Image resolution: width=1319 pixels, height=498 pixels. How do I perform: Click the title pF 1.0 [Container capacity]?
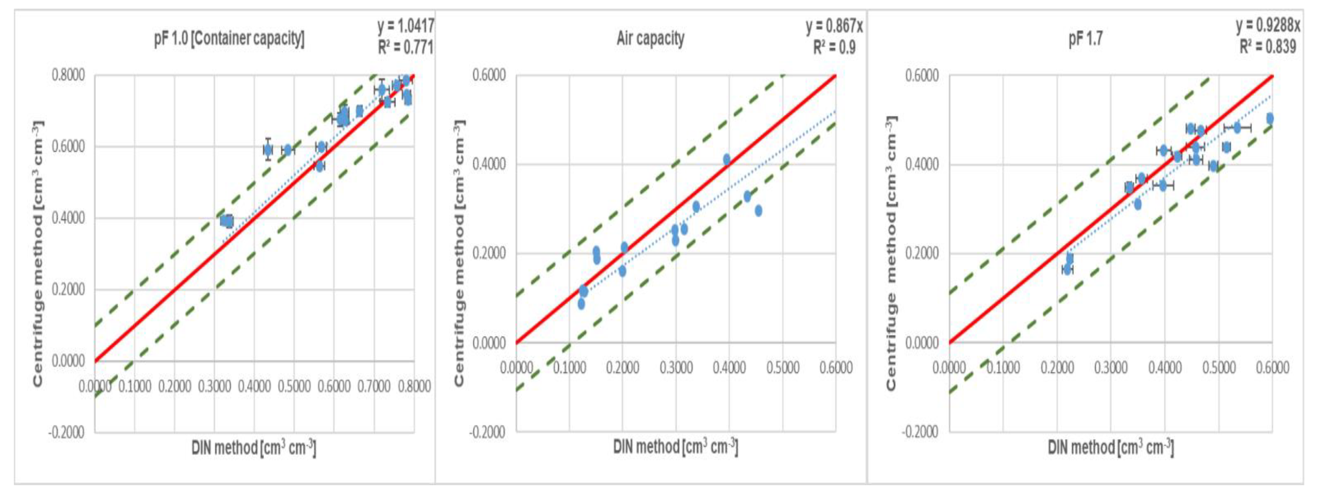(x=229, y=39)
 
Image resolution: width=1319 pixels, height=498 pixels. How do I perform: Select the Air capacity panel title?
(x=650, y=38)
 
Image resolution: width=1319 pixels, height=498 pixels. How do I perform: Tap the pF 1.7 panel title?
(x=1085, y=39)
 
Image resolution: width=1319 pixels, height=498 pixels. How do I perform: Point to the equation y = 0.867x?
(x=834, y=26)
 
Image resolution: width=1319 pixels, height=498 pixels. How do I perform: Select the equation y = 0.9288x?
(x=1267, y=26)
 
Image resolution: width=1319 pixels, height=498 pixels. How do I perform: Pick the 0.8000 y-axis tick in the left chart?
(x=68, y=75)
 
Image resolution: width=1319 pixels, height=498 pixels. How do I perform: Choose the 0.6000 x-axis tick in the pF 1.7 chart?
(x=1273, y=368)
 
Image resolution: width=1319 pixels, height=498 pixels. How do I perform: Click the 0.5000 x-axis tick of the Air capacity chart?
(x=783, y=368)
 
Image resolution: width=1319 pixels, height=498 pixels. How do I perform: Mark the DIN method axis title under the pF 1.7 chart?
(x=1110, y=448)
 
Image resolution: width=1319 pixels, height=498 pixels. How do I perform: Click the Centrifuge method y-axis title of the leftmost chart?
(x=38, y=254)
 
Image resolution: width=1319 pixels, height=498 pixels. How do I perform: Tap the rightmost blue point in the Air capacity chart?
(x=758, y=211)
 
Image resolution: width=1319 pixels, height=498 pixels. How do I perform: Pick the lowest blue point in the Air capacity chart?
(x=581, y=304)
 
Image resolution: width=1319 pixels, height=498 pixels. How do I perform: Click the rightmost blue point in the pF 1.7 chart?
(x=1270, y=118)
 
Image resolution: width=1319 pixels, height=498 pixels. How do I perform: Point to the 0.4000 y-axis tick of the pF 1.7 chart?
(x=922, y=164)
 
